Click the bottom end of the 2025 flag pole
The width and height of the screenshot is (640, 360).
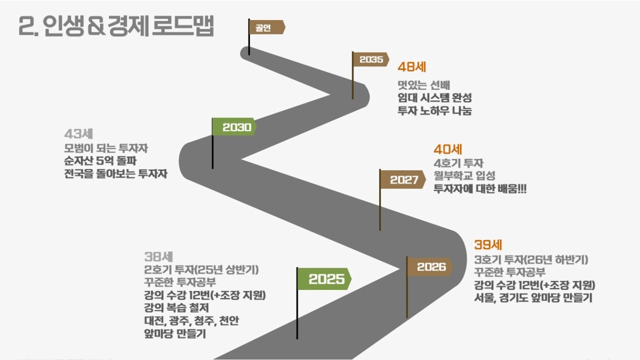point(297,339)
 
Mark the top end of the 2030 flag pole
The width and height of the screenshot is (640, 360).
point(213,118)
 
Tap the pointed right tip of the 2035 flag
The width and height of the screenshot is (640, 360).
point(389,59)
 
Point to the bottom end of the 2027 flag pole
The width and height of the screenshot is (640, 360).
point(379,231)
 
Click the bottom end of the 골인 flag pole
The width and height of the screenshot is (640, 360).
point(249,55)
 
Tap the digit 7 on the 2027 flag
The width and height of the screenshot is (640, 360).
point(414,179)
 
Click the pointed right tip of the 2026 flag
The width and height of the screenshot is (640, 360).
point(453,267)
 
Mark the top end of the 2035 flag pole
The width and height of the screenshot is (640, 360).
point(353,52)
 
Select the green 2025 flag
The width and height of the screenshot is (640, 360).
point(325,279)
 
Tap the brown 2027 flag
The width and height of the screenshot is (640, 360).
point(403,179)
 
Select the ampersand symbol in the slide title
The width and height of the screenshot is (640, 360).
point(96,26)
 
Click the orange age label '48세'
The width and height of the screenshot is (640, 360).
point(412,67)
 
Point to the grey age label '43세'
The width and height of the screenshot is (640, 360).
point(78,134)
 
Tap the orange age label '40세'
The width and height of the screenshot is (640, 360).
point(448,149)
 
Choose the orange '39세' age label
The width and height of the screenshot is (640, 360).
point(488,245)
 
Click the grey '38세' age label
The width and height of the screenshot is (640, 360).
point(158,256)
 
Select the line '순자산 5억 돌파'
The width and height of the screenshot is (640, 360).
point(101,161)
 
